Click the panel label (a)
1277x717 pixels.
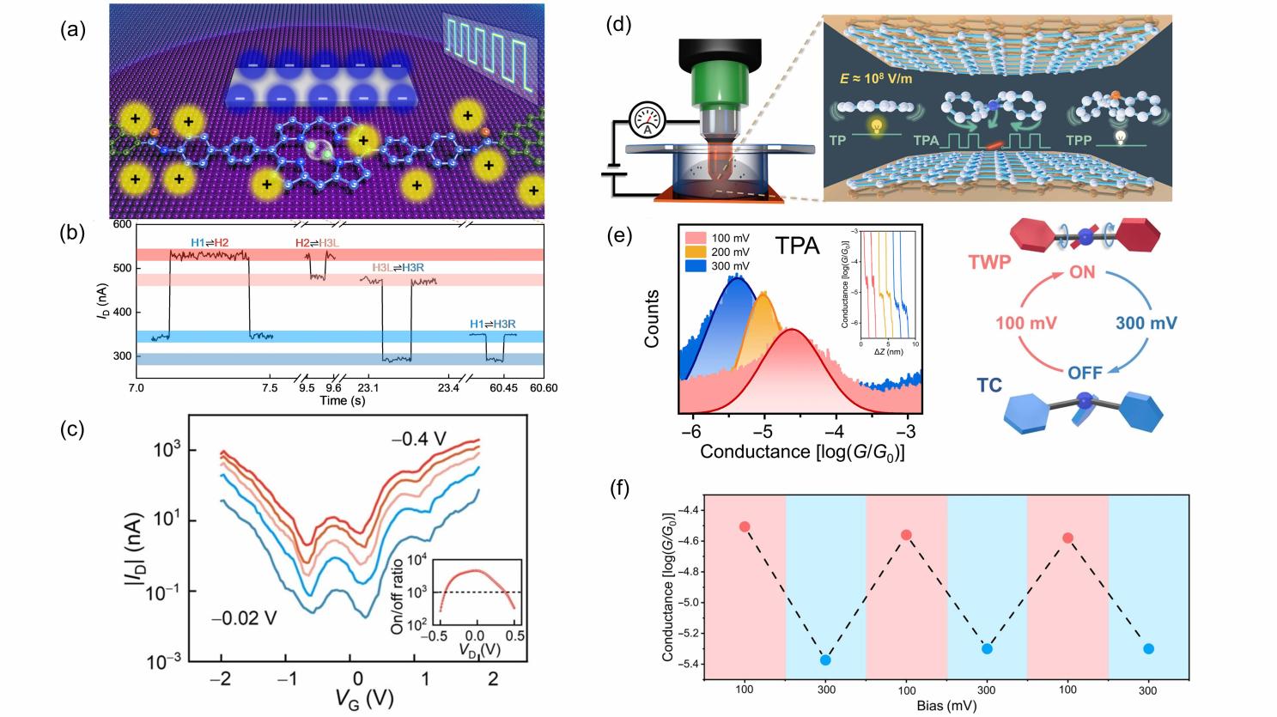72,31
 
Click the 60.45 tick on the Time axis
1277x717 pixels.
499,388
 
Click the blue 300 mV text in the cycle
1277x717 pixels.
1146,324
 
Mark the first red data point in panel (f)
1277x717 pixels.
745,526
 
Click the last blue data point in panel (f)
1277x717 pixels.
1148,649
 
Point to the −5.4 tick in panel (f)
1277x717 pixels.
686,664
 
